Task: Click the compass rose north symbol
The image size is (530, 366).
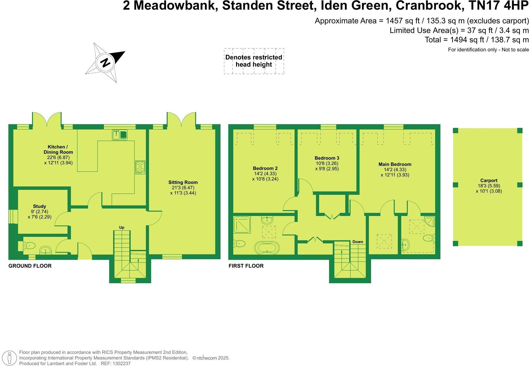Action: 105,62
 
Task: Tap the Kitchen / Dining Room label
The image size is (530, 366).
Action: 58,149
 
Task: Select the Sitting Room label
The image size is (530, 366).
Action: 183,182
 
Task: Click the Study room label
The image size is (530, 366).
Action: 40,206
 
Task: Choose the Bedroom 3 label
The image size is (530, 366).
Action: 327,158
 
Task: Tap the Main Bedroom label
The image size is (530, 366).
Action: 395,164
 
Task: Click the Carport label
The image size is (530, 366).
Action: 489,181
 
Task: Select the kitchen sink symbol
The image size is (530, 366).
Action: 120,134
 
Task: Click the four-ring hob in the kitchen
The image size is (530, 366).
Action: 140,167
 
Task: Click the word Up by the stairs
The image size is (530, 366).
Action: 122,228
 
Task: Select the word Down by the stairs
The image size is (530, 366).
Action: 358,242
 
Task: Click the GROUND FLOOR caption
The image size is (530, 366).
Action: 30,266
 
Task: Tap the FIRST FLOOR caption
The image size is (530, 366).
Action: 246,266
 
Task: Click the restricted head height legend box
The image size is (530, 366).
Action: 254,61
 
